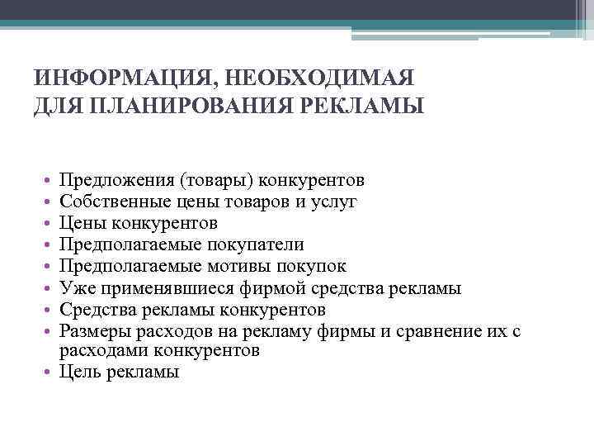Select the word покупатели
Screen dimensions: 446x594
coord(261,244)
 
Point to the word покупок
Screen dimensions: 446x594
coord(311,266)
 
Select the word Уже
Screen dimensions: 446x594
coord(75,288)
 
